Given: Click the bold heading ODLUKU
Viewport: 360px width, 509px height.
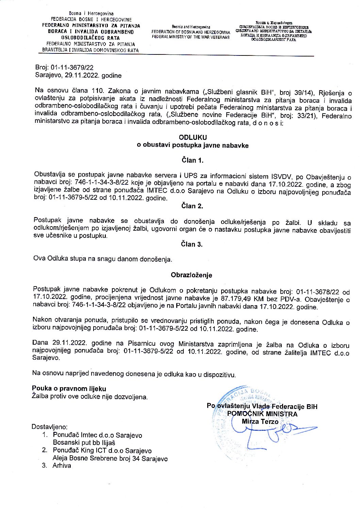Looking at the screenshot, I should click(x=193, y=137).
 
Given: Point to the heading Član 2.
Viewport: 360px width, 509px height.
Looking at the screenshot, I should click(x=192, y=206).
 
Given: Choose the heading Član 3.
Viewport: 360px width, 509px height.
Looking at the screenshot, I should click(x=192, y=244).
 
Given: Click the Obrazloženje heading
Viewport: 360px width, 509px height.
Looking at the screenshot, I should click(x=192, y=275).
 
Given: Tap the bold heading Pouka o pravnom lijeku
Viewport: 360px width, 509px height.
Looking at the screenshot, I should click(x=69, y=389).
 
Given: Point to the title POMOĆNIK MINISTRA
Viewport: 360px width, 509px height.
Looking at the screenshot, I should click(x=262, y=414).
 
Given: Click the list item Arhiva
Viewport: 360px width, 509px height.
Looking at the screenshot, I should click(x=62, y=466).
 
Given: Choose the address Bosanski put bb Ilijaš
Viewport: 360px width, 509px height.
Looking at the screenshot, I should click(x=84, y=443).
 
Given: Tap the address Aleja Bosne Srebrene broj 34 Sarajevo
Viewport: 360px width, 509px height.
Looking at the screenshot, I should click(x=110, y=458).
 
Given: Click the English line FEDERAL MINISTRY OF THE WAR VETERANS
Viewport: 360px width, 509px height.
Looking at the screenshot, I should click(x=191, y=37).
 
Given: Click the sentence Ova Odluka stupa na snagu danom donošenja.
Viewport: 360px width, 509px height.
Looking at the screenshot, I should click(x=103, y=259).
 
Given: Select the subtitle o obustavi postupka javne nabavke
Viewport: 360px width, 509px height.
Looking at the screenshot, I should click(x=193, y=146).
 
